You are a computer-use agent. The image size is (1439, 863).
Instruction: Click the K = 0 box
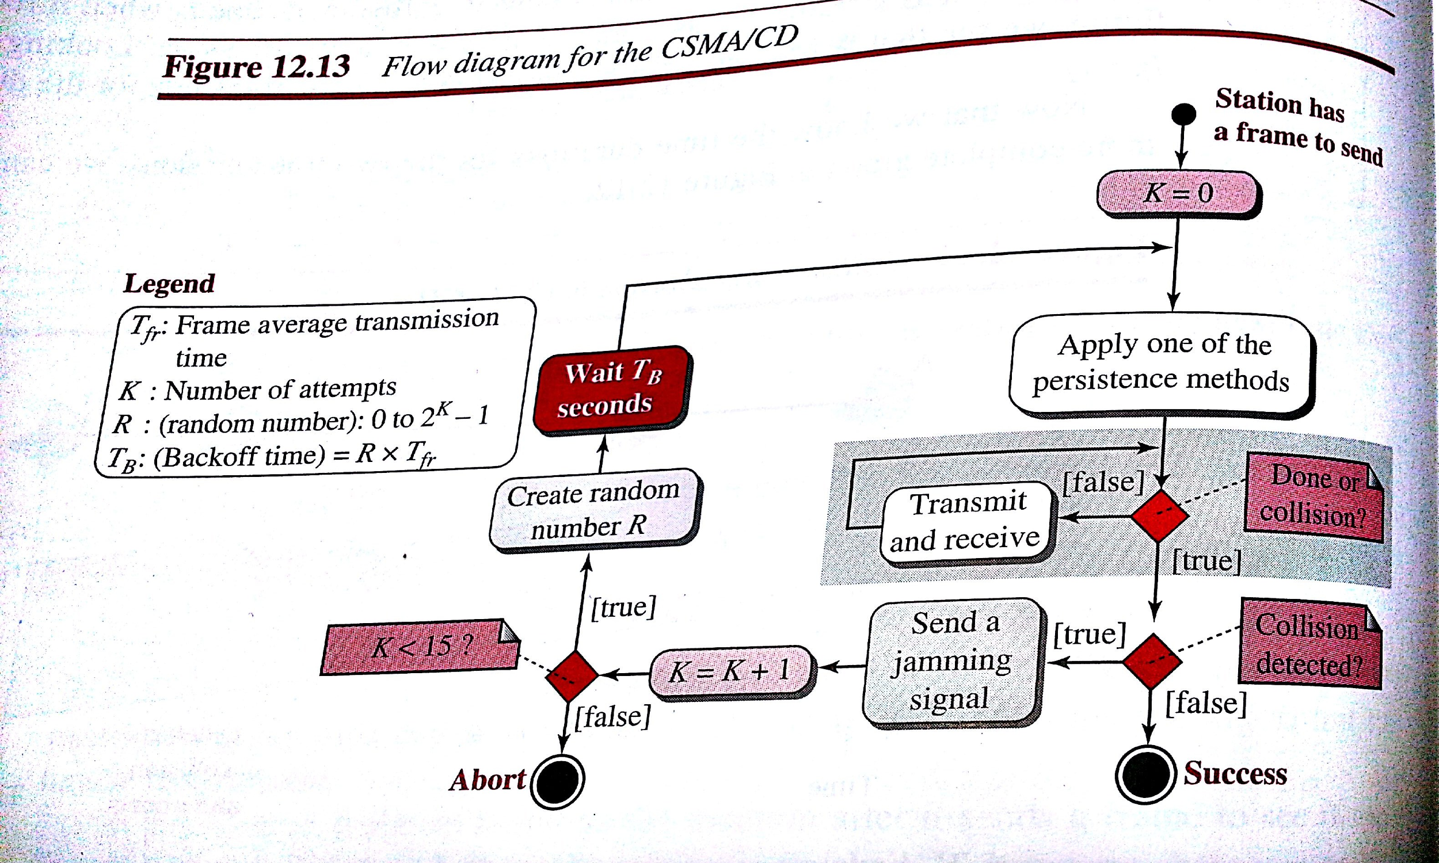click(1178, 194)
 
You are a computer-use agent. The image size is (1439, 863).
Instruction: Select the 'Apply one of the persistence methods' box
click(1162, 363)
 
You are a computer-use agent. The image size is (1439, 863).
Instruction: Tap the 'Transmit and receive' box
click(966, 522)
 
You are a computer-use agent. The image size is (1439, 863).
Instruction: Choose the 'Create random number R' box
click(594, 509)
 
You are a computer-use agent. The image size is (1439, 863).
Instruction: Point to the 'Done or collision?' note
click(1314, 496)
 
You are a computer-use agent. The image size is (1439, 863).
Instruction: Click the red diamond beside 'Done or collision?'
click(1159, 515)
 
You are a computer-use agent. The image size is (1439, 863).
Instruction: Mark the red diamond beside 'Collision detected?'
click(1152, 661)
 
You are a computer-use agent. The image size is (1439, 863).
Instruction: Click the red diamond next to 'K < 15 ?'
click(571, 676)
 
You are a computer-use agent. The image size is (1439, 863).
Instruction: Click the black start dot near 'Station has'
click(1183, 114)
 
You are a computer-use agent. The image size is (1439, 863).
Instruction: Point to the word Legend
click(169, 284)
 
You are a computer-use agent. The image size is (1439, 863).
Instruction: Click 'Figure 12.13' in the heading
click(257, 66)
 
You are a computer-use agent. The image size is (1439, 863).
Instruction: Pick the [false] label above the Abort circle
click(612, 717)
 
